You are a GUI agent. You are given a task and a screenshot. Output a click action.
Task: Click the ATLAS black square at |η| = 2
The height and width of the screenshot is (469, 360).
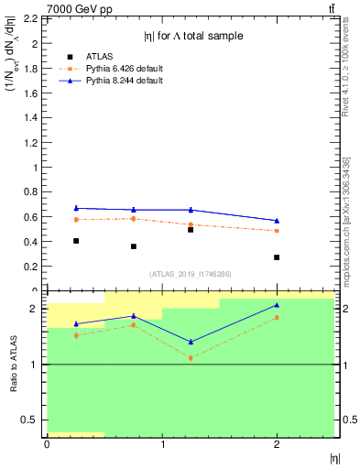(x=277, y=257)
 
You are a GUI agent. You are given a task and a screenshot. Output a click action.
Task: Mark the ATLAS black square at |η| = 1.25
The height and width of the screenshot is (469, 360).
(x=191, y=230)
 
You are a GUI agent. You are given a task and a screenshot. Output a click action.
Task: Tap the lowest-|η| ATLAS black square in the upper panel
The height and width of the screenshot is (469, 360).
(x=76, y=241)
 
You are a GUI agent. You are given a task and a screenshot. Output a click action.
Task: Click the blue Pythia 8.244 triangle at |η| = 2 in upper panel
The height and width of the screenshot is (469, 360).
(x=277, y=221)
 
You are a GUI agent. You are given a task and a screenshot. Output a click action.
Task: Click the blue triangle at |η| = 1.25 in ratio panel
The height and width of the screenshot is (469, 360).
(x=191, y=342)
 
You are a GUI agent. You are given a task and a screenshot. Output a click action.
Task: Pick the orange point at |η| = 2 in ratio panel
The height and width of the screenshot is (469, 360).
(x=277, y=317)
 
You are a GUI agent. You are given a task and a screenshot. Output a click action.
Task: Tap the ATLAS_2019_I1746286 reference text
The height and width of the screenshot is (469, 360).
(x=191, y=274)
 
